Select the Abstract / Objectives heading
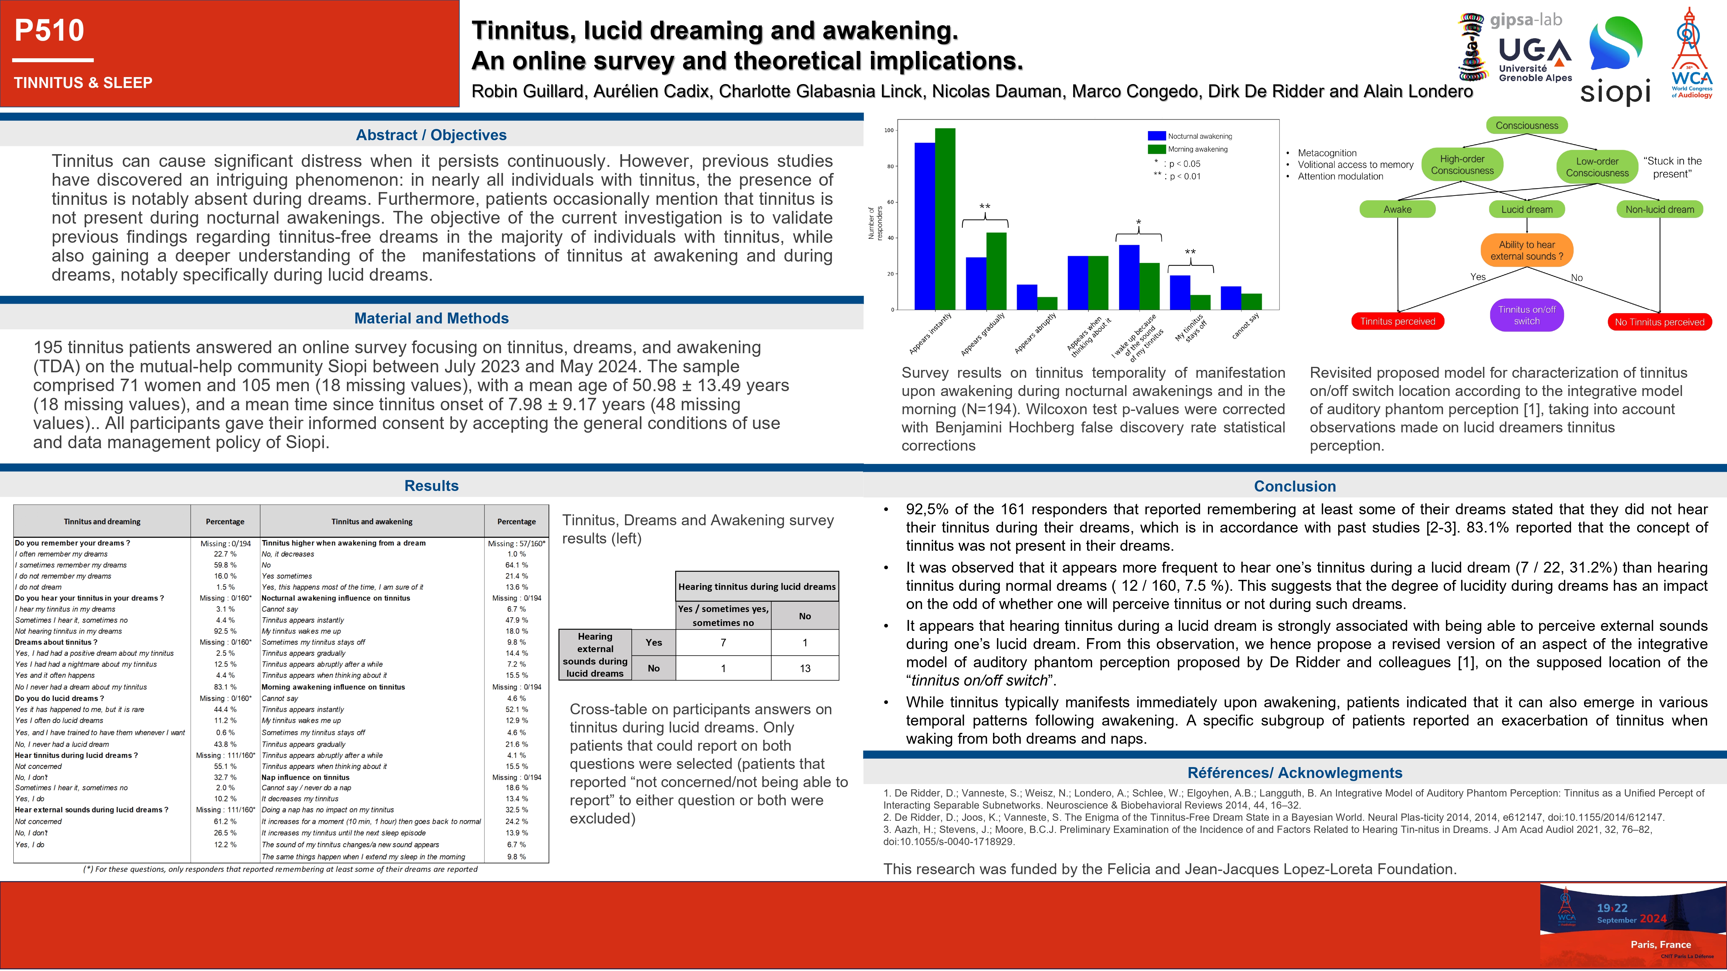tap(431, 135)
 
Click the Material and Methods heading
tap(431, 318)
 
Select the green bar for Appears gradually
tap(996, 271)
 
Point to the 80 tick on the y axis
tap(890, 166)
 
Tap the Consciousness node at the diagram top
tap(1527, 125)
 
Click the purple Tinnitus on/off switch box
tap(1527, 315)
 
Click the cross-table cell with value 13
tap(804, 668)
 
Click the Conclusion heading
tap(1295, 486)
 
